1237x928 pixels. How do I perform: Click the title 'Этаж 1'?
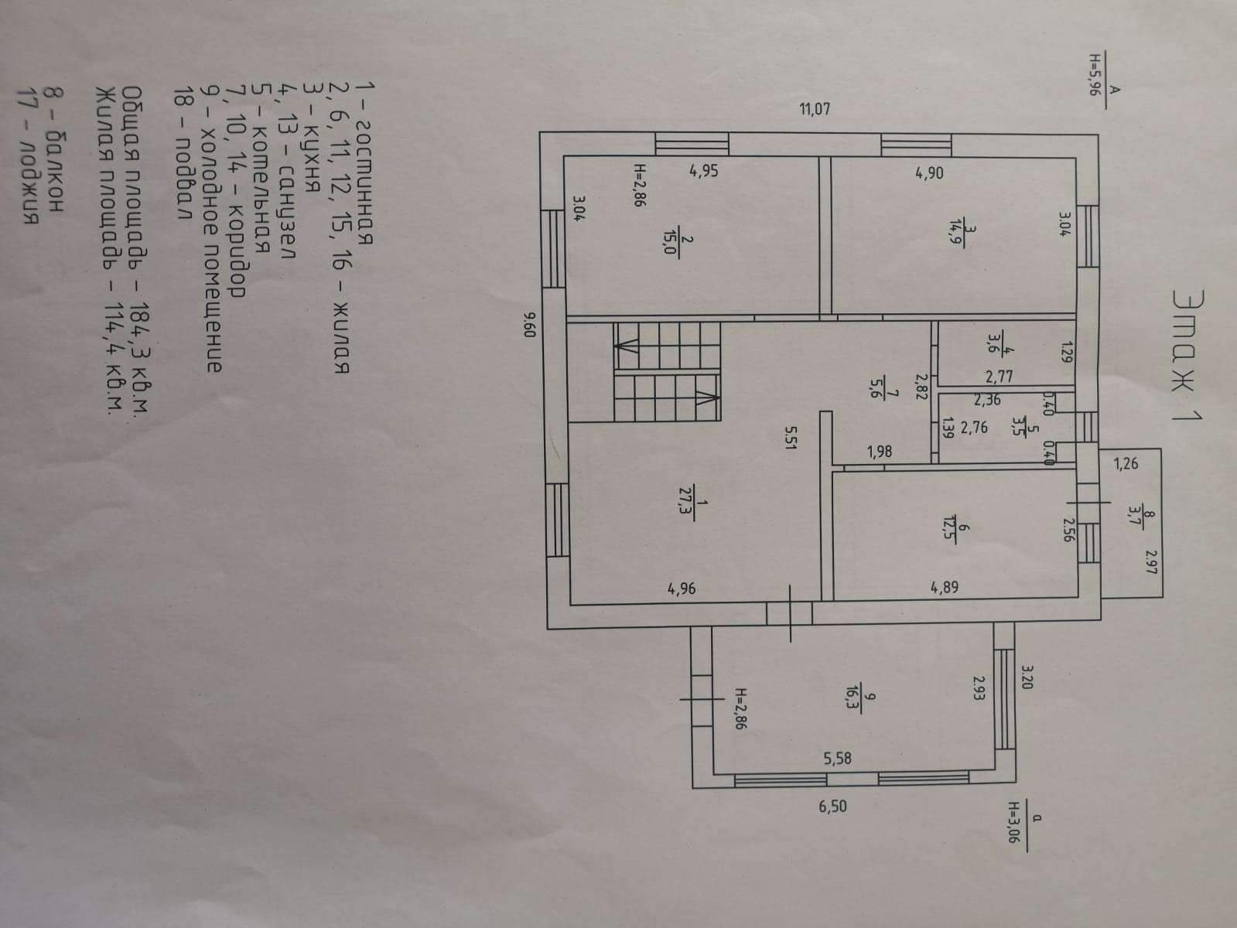[x=1183, y=356]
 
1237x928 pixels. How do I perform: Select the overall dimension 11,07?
[x=814, y=109]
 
